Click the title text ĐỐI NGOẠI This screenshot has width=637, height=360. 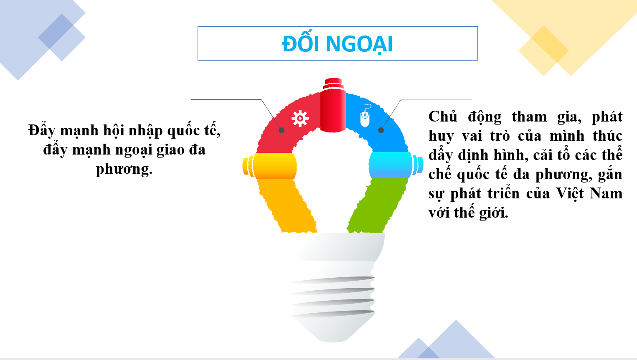[337, 44]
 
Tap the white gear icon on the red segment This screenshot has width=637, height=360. [300, 118]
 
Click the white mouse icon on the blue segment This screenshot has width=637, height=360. [365, 116]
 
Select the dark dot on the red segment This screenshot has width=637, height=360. [281, 130]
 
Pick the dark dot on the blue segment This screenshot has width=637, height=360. [381, 130]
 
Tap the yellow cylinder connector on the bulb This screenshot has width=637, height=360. [269, 166]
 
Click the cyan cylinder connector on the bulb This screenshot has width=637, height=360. [396, 165]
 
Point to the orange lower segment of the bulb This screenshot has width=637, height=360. [287, 206]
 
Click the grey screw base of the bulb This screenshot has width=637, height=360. [333, 287]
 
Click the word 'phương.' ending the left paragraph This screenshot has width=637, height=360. [124, 170]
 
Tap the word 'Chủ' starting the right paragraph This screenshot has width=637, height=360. [443, 117]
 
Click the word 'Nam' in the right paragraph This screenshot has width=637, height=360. [606, 194]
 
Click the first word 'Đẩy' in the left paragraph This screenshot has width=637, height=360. [41, 131]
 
